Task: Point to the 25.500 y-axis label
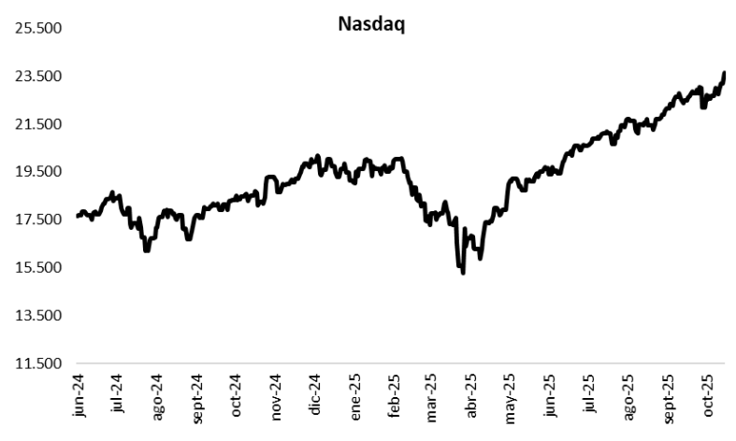tap(38, 28)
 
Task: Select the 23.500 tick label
tap(38, 77)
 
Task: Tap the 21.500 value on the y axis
tap(38, 124)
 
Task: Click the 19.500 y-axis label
tap(38, 172)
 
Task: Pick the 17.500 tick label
tap(38, 220)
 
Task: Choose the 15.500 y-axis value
tap(38, 268)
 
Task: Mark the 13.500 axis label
tap(38, 316)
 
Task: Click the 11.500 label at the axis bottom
tap(38, 363)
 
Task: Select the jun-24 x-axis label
tap(79, 393)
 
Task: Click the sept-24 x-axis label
tap(196, 396)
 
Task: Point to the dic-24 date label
tap(315, 393)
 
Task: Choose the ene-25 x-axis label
tap(354, 393)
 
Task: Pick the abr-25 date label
tap(472, 393)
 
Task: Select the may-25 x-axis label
tap(512, 393)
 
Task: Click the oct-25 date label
tap(708, 393)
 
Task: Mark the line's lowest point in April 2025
tap(463, 272)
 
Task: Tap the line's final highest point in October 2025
tap(725, 73)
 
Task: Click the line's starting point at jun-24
tap(78, 217)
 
